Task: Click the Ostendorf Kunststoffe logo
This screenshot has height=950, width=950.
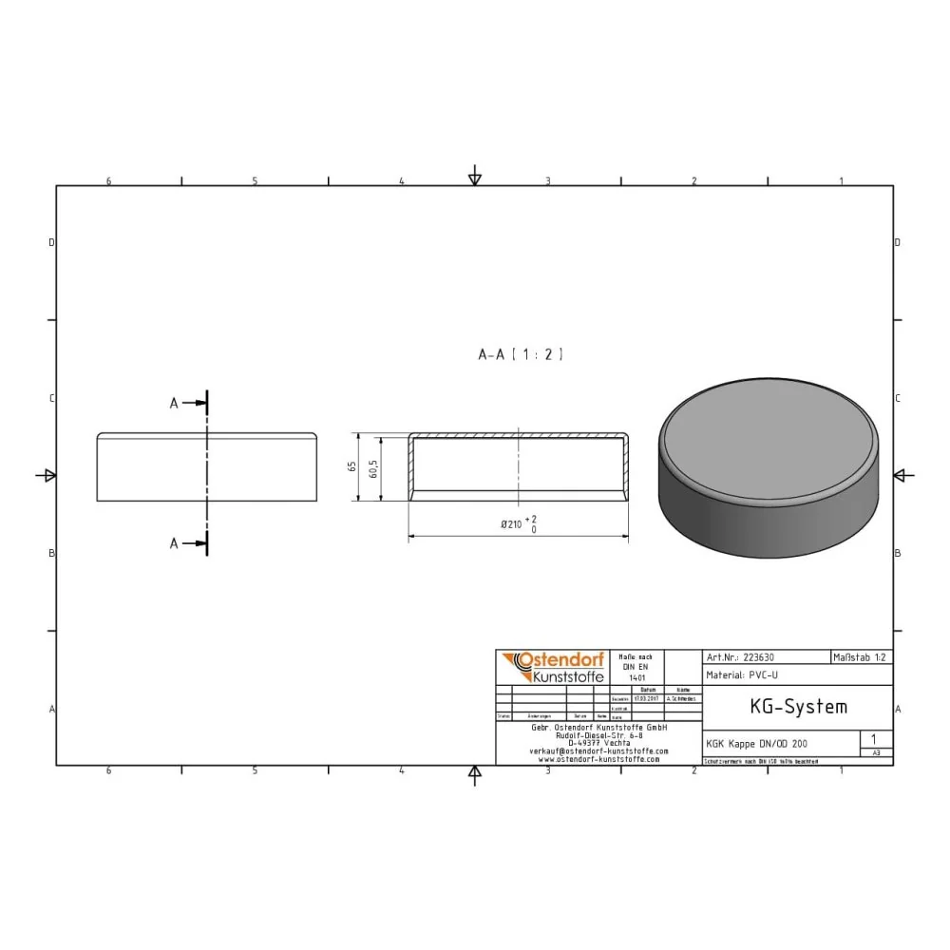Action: pos(552,667)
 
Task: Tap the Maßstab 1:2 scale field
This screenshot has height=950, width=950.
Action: pos(861,656)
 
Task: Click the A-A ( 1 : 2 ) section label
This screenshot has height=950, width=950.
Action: pos(521,354)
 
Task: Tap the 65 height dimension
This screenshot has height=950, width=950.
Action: pos(352,467)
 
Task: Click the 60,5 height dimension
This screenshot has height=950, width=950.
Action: pos(374,467)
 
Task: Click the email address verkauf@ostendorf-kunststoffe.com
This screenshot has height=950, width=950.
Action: pos(598,750)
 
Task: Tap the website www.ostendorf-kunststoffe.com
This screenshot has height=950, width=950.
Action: pos(598,759)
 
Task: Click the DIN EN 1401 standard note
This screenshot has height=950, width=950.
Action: pos(635,667)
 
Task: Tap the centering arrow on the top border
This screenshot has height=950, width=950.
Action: pos(475,178)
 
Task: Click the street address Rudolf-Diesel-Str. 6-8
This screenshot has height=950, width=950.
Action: pos(598,734)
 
